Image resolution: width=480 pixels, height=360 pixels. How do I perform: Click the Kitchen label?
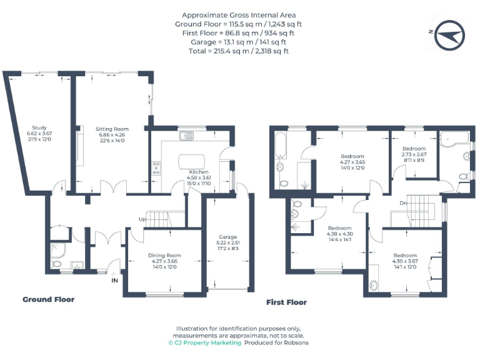(x=199, y=171)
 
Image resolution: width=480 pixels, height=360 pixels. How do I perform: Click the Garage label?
(x=227, y=237)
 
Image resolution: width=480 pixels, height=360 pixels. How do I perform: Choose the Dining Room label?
(x=164, y=255)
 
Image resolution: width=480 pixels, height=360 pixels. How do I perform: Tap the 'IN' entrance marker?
(x=114, y=281)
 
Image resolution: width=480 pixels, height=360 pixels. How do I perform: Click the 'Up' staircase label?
(x=142, y=219)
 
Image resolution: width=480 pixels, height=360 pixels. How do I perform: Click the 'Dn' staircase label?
(x=404, y=203)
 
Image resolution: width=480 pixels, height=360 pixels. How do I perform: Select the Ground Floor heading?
(x=48, y=299)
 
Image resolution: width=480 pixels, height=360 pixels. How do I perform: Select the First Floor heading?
(x=286, y=302)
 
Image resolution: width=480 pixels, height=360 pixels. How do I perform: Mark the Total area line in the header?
(x=239, y=51)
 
